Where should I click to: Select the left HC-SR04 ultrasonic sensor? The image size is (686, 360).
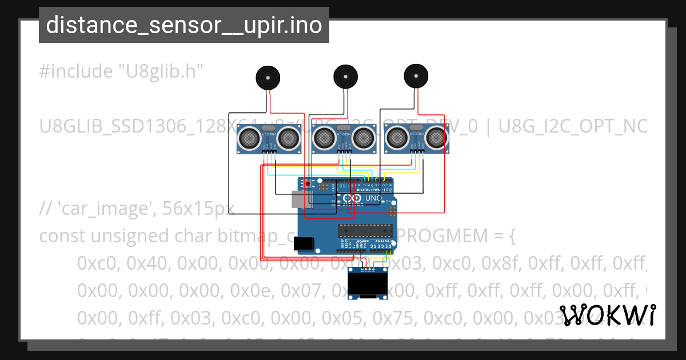click(x=269, y=139)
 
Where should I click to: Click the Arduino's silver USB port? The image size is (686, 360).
click(x=298, y=199)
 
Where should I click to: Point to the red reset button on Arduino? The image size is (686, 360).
click(x=308, y=184)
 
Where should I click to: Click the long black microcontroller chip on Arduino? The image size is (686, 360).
click(x=365, y=230)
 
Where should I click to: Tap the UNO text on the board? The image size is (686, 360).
click(x=373, y=198)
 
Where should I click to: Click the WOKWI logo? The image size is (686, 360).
click(x=608, y=315)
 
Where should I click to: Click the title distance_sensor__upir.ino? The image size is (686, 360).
click(x=184, y=25)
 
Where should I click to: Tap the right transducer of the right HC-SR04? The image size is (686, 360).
click(x=436, y=137)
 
